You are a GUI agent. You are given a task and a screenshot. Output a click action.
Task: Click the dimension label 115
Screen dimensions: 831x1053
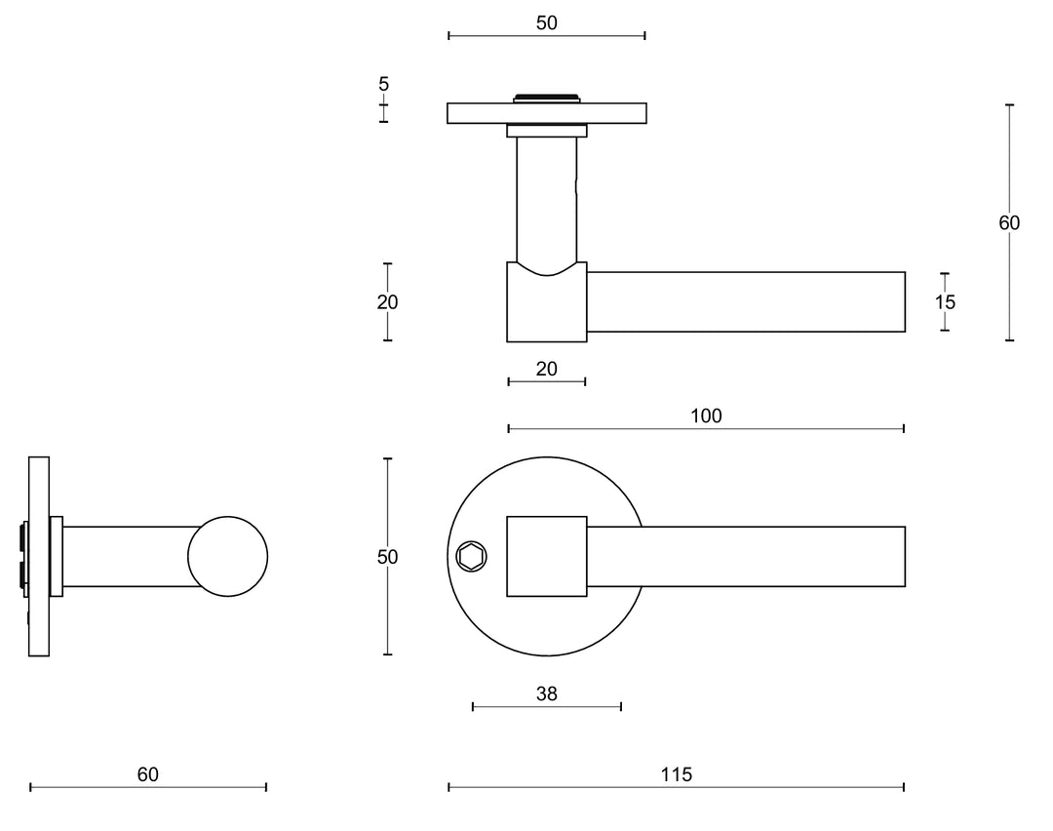point(675,774)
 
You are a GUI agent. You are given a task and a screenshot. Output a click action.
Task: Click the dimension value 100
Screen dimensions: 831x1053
point(706,416)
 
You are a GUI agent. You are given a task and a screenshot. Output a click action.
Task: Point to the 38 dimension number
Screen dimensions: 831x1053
point(546,693)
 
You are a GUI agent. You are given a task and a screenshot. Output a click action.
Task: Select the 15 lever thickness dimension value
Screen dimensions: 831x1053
point(945,302)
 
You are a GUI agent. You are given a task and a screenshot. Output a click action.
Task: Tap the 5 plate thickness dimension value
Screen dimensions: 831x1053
point(383,84)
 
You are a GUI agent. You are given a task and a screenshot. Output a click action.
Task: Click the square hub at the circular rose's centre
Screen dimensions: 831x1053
point(546,556)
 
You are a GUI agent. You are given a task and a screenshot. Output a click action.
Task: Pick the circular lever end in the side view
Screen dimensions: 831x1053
point(227,556)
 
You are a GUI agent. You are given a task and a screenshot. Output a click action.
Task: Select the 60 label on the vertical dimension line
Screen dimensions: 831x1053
point(1009,223)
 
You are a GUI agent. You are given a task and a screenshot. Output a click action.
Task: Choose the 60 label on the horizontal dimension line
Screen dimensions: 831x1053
point(147,774)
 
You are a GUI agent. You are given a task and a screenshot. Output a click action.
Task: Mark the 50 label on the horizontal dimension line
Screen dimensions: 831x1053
point(546,23)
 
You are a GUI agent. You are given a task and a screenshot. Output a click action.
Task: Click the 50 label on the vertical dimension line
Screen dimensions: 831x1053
point(387,557)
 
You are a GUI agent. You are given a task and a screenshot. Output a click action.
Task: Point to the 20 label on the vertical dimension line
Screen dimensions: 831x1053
point(387,302)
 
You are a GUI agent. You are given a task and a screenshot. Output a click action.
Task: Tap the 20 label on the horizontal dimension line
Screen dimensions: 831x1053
point(546,368)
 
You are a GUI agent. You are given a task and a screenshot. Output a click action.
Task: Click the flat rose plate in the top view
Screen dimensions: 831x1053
point(478,113)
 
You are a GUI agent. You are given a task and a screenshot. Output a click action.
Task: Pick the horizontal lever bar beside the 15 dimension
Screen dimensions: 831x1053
point(746,302)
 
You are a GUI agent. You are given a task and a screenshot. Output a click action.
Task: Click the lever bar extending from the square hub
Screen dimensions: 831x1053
point(746,556)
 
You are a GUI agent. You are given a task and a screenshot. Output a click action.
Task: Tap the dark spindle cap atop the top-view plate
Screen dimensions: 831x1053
point(546,97)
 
